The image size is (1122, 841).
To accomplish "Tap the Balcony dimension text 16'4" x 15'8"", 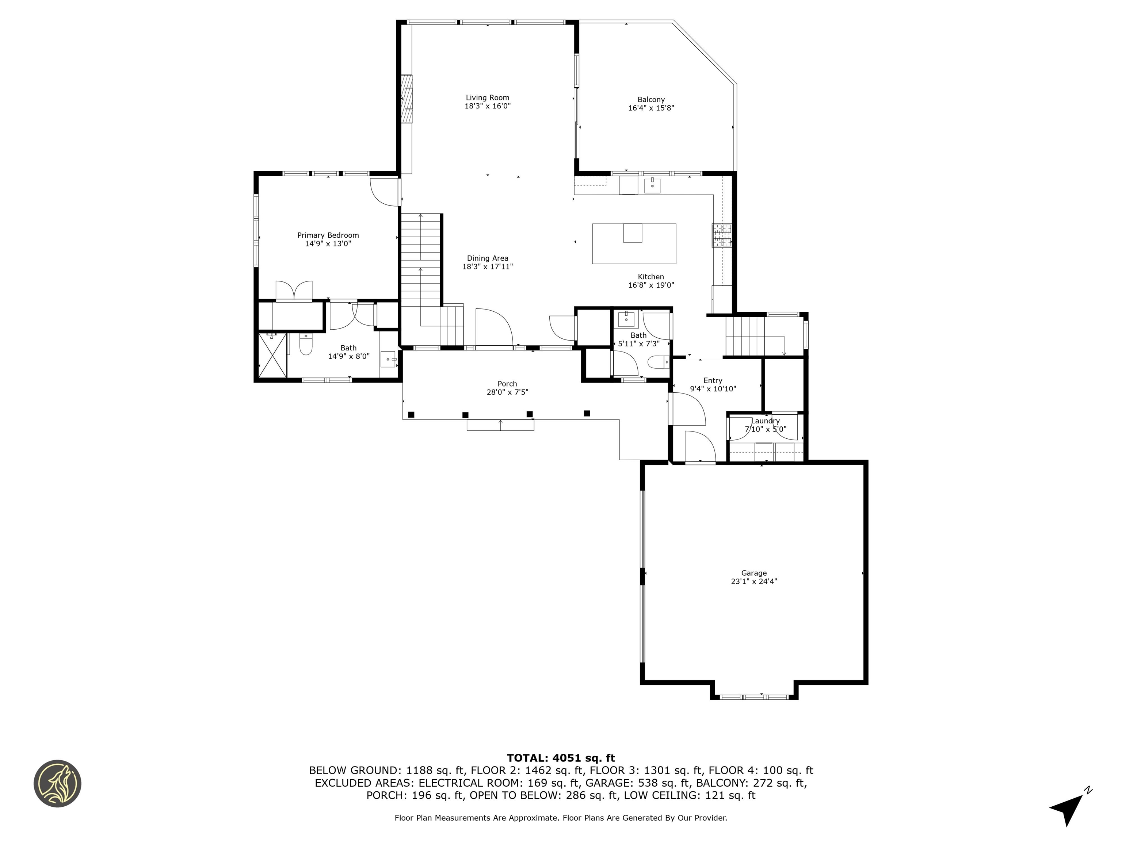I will [x=651, y=108].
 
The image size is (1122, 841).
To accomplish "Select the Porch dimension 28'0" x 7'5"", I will [x=507, y=392].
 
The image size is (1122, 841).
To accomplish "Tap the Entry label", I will [x=713, y=380].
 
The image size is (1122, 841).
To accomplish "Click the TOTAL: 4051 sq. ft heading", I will [x=561, y=758].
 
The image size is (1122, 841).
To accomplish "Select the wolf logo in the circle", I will [x=57, y=783].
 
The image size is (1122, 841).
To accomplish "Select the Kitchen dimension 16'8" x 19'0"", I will [x=651, y=285].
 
